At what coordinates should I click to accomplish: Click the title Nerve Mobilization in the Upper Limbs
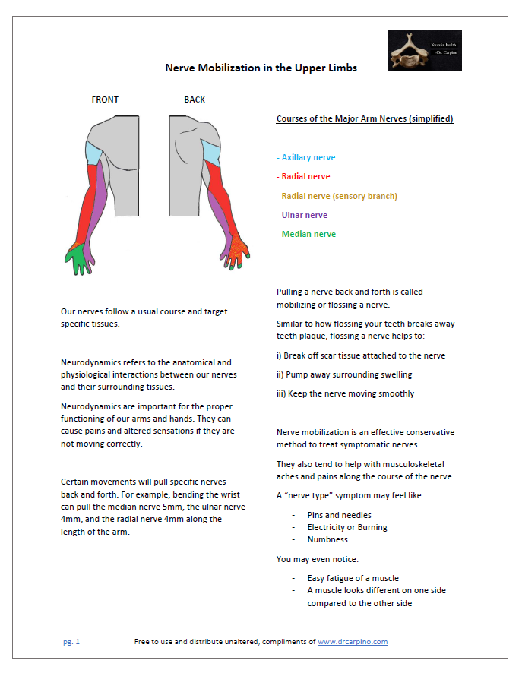[x=261, y=68]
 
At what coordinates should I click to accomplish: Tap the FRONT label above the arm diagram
[x=105, y=100]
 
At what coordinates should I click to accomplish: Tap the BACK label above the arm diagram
[x=195, y=100]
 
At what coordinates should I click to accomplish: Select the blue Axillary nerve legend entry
[x=308, y=157]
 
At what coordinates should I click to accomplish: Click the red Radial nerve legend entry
[x=305, y=176]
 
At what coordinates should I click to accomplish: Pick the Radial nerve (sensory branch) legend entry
[x=339, y=196]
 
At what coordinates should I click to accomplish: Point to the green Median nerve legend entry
[x=308, y=234]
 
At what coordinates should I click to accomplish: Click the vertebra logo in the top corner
[x=424, y=50]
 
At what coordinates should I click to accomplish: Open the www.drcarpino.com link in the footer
[x=353, y=642]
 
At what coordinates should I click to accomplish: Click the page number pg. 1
[x=71, y=642]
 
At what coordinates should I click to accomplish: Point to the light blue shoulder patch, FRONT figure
[x=93, y=153]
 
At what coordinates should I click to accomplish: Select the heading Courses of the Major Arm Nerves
[x=365, y=119]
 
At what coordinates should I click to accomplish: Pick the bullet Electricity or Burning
[x=346, y=527]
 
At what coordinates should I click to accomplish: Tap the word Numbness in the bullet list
[x=327, y=539]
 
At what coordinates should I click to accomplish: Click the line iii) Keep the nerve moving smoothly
[x=346, y=393]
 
